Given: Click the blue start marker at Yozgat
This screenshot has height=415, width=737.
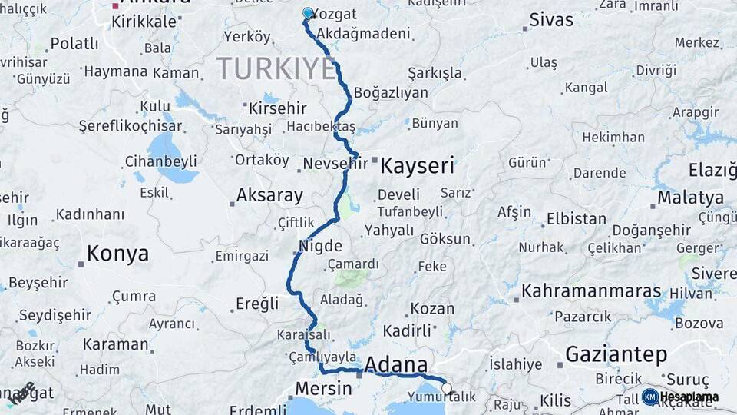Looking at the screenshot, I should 308,13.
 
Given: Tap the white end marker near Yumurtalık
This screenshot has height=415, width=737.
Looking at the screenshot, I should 447,389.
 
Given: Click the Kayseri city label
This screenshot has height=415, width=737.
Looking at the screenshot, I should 418,165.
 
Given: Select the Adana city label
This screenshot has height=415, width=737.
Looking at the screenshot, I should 396,364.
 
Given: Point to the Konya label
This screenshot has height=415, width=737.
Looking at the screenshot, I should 117,254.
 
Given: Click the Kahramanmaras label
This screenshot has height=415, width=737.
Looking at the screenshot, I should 591,291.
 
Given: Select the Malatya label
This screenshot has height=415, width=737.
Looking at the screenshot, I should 690,198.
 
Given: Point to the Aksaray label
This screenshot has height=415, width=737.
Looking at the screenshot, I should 269,195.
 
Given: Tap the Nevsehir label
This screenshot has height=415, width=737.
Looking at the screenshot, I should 335,164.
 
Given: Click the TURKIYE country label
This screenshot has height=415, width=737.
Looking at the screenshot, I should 276,68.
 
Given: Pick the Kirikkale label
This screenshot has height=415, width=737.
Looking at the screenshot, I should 144,22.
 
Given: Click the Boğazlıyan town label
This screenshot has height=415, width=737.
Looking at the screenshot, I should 391,92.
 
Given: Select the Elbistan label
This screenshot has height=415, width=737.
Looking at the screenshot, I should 577,218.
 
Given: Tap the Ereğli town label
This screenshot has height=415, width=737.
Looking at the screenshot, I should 257,304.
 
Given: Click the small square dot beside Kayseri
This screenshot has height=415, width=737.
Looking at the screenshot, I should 374,161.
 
